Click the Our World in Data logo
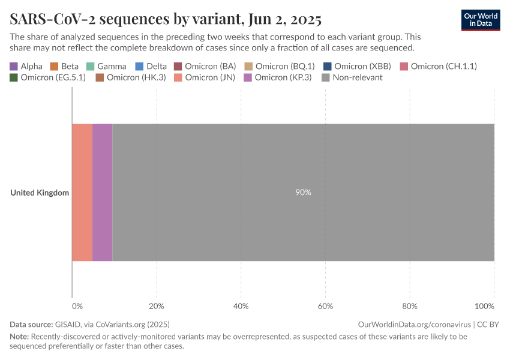(480, 19)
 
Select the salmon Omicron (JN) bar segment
(82, 193)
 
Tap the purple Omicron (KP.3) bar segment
(102, 193)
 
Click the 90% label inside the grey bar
(303, 193)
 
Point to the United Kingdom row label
(40, 193)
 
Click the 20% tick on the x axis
(157, 307)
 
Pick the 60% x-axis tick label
(325, 307)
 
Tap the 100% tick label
(485, 307)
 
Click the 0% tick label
(77, 307)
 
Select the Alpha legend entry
(26, 66)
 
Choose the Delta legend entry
(151, 66)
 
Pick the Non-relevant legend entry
(352, 77)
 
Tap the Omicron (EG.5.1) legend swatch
(14, 77)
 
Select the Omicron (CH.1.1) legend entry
(439, 66)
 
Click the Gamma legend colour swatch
(91, 66)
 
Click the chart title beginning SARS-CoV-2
(166, 19)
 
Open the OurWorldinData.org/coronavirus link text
(414, 324)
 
